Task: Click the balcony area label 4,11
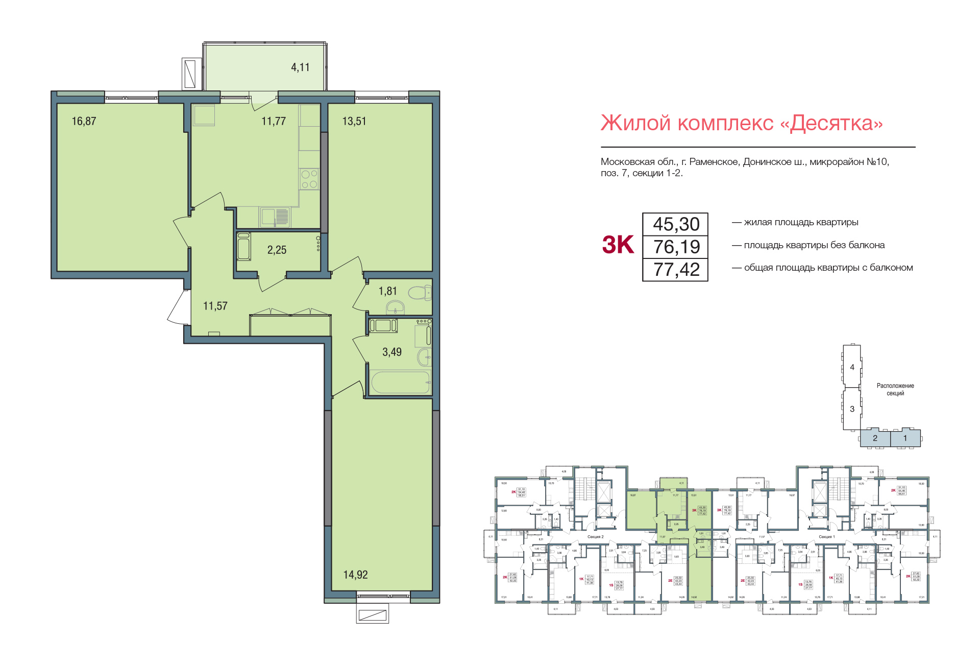tap(300, 67)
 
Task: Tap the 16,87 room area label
tap(84, 122)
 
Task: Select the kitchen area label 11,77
tap(274, 122)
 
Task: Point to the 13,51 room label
tap(354, 122)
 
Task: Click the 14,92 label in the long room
tap(355, 575)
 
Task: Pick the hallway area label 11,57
tap(215, 306)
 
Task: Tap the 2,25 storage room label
tap(277, 250)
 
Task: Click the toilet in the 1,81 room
tap(420, 294)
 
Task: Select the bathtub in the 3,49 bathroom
tap(400, 382)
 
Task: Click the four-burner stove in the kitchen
tap(309, 179)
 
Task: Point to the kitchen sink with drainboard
tap(275, 217)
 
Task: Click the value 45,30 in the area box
tap(676, 224)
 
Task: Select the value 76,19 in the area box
tap(676, 247)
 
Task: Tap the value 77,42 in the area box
tap(676, 270)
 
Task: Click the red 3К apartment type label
tap(618, 245)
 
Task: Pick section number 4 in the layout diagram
tap(852, 367)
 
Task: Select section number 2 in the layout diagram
tap(875, 438)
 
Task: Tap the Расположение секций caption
tap(895, 390)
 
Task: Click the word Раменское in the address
tap(714, 162)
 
